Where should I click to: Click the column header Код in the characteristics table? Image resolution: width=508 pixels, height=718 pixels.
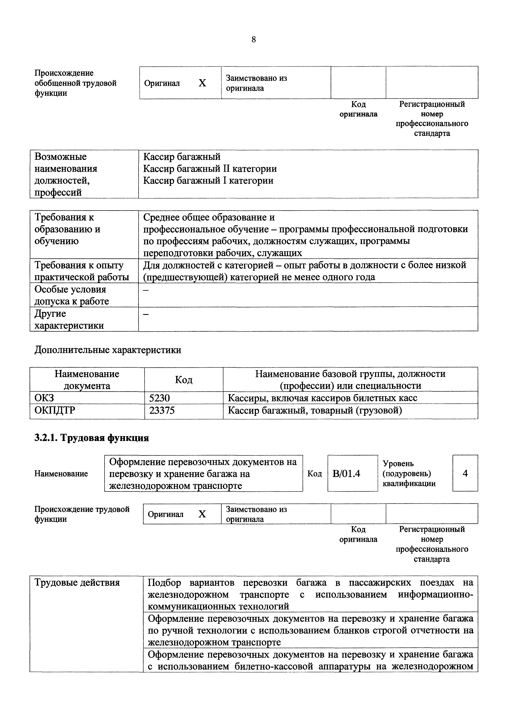pos(184,380)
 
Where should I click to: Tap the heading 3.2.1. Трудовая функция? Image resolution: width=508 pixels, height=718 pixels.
pos(91,438)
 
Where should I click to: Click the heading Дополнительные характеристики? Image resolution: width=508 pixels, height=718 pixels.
pos(108,350)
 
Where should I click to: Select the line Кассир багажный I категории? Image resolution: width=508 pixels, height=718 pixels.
pos(208,181)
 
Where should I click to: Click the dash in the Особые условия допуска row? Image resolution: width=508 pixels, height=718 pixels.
pos(146,290)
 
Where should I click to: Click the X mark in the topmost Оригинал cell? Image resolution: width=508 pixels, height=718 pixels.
pos(202,83)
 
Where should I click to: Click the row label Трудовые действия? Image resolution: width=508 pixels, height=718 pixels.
pos(77,583)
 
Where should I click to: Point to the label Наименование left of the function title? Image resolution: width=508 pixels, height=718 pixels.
pos(61,474)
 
